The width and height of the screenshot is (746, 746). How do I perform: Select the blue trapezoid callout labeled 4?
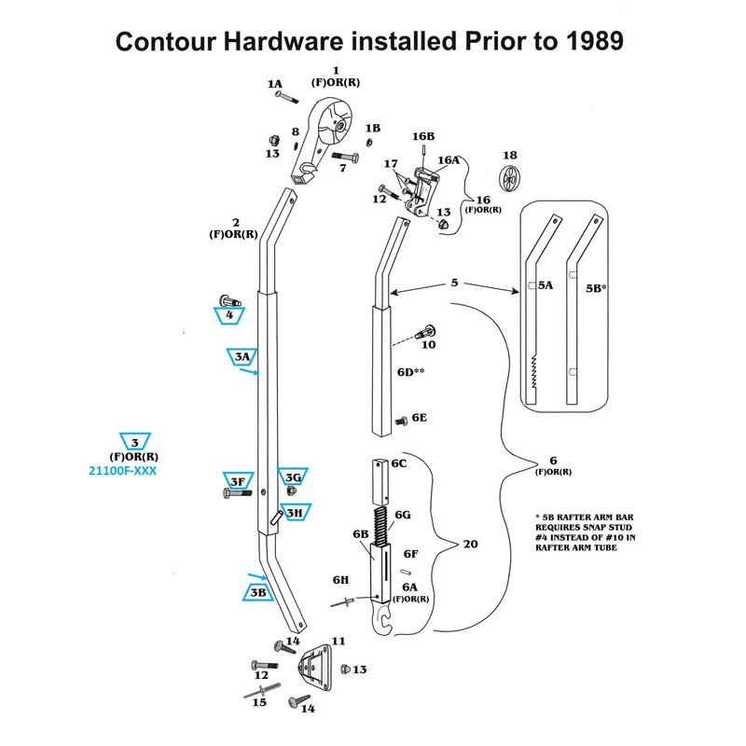coord(229,315)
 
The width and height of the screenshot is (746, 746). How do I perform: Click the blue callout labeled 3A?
coord(242,356)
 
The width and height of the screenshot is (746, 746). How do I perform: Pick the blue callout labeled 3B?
coord(257,592)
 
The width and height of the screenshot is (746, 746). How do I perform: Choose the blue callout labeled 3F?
coord(237,480)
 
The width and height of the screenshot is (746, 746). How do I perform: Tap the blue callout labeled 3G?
coord(293,477)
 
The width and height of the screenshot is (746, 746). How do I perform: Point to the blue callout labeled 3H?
coord(294,512)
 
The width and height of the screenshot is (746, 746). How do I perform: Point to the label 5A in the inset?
coord(546,288)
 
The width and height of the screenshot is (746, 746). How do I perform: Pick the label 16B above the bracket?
coord(424,137)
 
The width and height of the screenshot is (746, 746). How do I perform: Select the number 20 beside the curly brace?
coord(471,544)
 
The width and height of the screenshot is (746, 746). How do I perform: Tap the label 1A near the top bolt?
coord(274,84)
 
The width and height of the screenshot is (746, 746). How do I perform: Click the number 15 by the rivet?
coord(260,702)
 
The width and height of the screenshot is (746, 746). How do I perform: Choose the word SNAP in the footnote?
coord(615,526)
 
